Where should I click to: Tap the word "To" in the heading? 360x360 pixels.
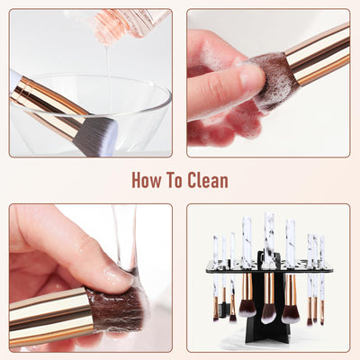point(177,179)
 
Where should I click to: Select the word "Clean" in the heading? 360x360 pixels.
point(209,179)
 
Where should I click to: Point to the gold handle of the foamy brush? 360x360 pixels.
point(319,54)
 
